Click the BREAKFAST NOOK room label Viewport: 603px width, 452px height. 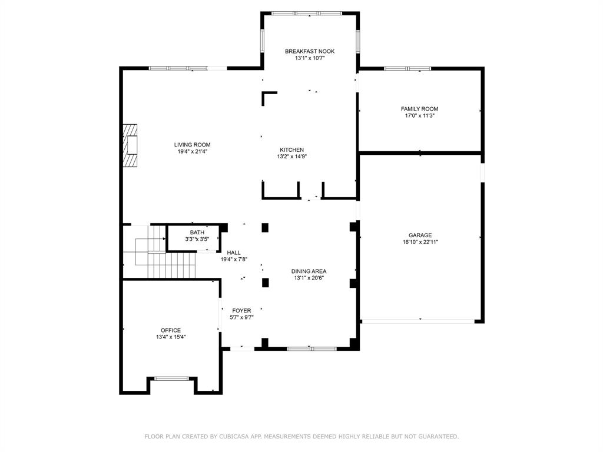tap(310, 51)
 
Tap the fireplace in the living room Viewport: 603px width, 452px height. tap(130, 145)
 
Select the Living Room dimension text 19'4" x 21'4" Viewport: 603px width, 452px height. tap(192, 151)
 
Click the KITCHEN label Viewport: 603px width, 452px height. tap(291, 150)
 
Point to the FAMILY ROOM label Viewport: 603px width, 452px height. tap(419, 109)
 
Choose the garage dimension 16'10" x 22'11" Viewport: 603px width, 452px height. tap(420, 242)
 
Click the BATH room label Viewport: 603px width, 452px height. tap(197, 232)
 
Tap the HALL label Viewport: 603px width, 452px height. tap(233, 252)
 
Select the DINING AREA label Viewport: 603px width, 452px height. tap(309, 271)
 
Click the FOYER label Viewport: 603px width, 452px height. tap(241, 311)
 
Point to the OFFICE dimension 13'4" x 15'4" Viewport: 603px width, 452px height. tap(171, 337)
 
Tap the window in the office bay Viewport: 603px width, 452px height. tap(171, 378)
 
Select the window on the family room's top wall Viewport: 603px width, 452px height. tap(407, 69)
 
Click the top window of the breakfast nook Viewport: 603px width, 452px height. tap(306, 14)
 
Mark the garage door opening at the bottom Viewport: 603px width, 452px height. tap(418, 321)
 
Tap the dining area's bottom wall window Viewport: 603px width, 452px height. tap(312, 348)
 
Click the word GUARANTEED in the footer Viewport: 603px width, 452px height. tap(438, 436)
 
